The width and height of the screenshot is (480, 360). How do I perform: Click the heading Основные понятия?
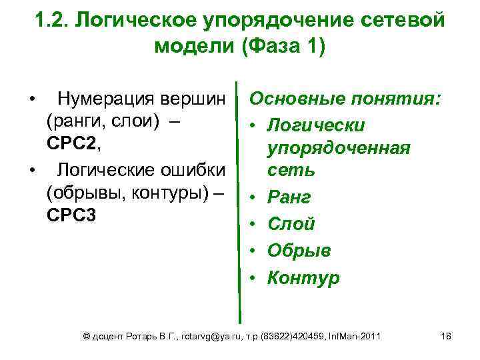point(345,100)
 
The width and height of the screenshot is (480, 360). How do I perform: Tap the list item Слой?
point(291,224)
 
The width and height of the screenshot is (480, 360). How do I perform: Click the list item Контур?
point(303,277)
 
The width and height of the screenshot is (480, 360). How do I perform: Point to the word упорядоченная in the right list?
point(339,147)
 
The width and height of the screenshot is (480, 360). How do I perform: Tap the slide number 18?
point(446,336)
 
